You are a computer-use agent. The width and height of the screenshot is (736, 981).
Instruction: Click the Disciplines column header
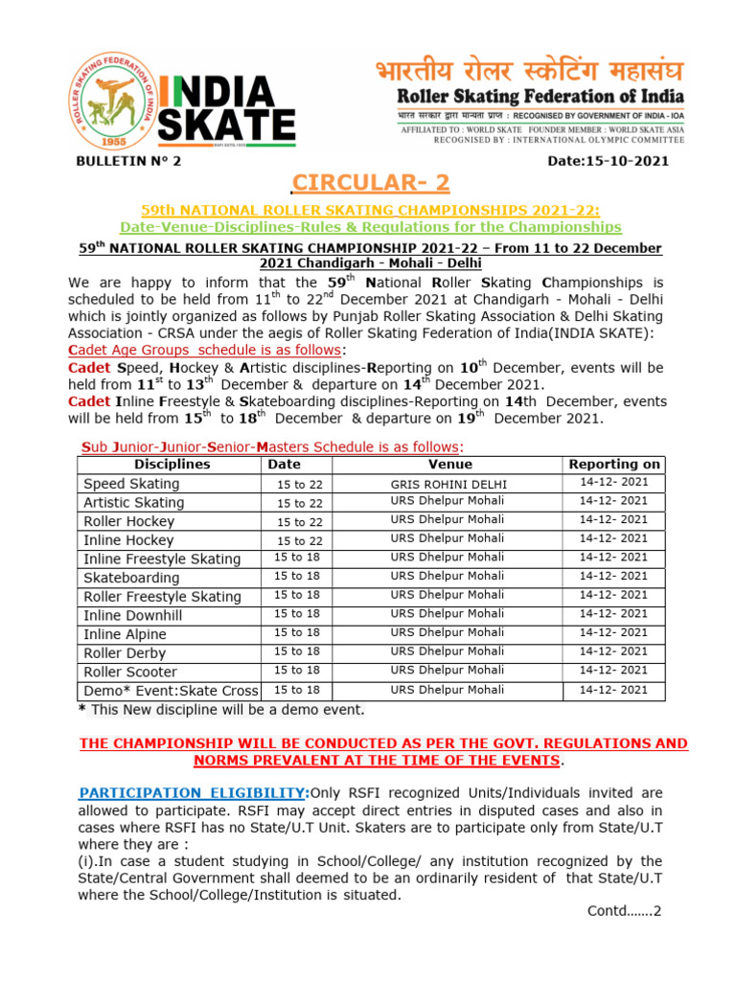[172, 464]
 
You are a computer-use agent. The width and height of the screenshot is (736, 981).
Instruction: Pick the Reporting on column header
[614, 464]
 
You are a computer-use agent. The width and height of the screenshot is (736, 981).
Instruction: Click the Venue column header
[449, 464]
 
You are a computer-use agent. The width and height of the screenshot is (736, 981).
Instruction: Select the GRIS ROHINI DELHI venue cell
[449, 484]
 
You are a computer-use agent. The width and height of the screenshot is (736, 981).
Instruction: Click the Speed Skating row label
[131, 484]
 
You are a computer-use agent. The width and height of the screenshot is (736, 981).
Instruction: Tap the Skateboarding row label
[131, 578]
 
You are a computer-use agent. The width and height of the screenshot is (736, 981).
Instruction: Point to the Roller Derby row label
[125, 652]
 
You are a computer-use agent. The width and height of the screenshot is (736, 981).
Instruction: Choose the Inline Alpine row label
[125, 634]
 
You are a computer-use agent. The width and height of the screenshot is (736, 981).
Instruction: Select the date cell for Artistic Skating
[300, 503]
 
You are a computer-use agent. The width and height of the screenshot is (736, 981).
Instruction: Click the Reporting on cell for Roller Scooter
[614, 671]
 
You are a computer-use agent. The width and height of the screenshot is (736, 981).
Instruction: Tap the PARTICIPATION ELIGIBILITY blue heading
[191, 792]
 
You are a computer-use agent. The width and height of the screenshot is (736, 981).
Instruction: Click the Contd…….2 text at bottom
[624, 911]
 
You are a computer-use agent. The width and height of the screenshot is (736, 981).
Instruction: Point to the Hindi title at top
[529, 72]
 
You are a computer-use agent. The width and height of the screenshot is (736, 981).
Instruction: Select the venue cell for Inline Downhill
[448, 614]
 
